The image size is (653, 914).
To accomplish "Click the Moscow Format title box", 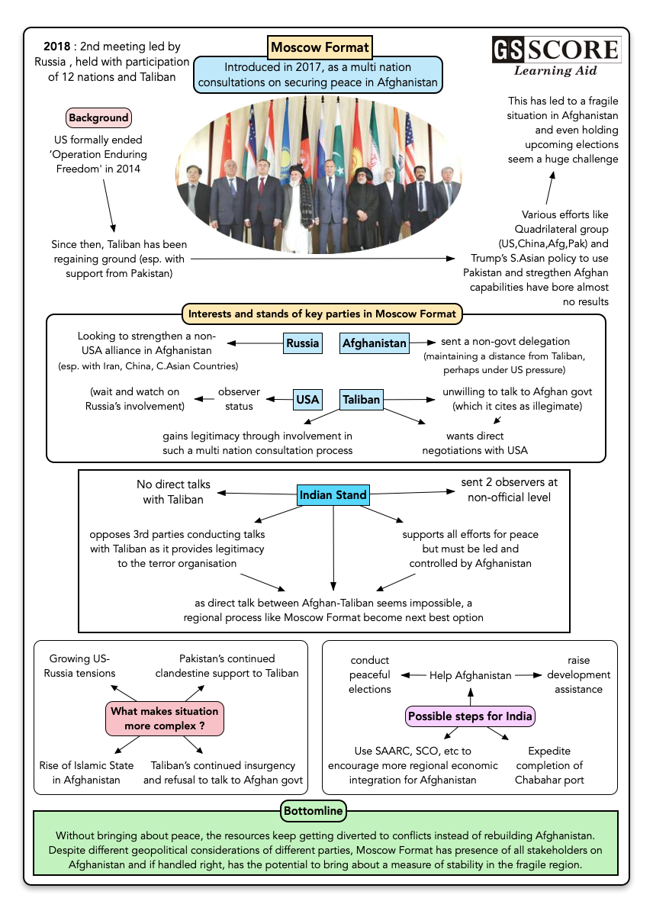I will pos(320,47).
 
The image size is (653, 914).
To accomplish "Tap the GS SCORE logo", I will pos(555,50).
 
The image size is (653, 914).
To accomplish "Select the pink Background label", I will pos(98,117).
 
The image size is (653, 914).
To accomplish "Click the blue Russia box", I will pos(303,343).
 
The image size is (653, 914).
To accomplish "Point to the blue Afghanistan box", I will pos(374,343).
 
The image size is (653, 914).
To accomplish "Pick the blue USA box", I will pos(307,398).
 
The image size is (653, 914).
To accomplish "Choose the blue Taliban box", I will pos(361,398).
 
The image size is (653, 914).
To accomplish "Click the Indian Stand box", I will pos(333,494).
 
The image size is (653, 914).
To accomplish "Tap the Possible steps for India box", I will pos(470,716).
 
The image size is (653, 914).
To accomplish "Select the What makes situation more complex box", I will pos(164,718).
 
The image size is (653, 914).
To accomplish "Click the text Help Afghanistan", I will pos(470,675).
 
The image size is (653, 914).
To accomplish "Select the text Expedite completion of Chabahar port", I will pos(555,765).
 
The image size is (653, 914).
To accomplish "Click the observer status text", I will pos(239,399).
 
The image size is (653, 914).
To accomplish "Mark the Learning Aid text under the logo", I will pos(555,71).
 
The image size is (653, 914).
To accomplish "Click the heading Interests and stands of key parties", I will pos(322,314).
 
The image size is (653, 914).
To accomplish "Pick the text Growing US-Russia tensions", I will pos(79,665).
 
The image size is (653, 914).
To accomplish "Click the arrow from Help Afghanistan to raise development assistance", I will pos(528,675).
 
